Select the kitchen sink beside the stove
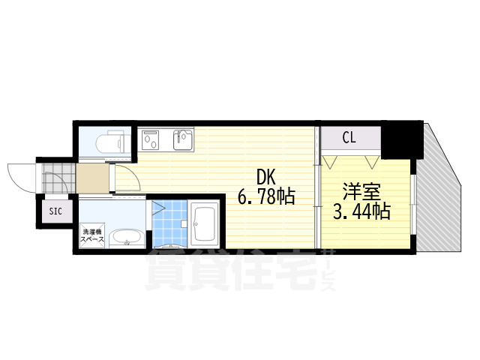coord(182,139)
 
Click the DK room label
coord(266,178)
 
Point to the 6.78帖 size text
coord(266,197)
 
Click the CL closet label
coord(349,137)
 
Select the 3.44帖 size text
coord(361,211)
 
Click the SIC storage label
coord(55,211)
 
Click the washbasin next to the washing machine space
coord(126,239)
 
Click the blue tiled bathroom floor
coord(169,223)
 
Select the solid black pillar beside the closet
coord(403,139)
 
